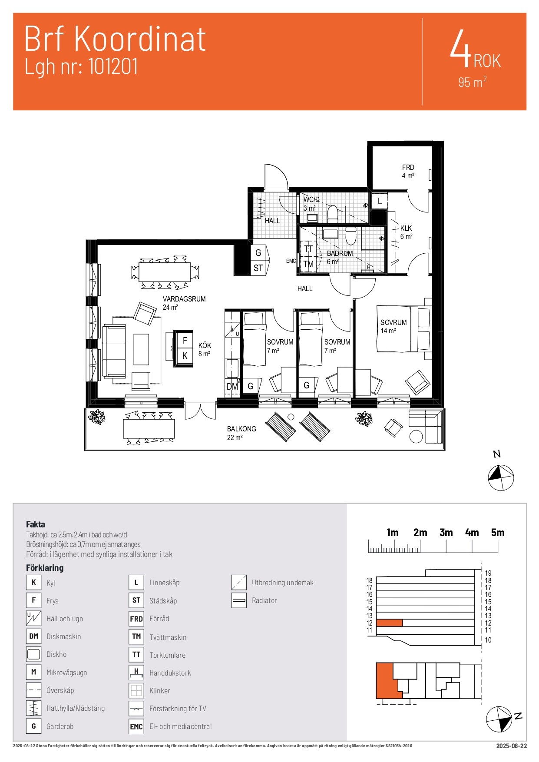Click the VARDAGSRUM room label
pos(184,299)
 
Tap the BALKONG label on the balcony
pos(241,429)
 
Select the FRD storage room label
pos(408,167)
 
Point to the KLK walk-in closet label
pos(406,228)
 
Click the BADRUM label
pos(340,253)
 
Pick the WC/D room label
pos(311,200)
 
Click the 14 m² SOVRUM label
pos(394,322)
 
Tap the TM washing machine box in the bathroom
pos(308,264)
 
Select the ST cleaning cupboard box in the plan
pos(258,268)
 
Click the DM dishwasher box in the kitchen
pos(232,386)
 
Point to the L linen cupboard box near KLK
pos(380,201)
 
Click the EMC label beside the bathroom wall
pos(291,261)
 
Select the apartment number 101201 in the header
pos(113,67)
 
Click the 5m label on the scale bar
pos(498,533)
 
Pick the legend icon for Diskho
pos(33,654)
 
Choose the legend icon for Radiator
pos(239,600)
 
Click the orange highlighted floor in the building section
pos(389,623)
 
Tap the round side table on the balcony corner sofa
pos(416,436)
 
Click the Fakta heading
pos(36,524)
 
